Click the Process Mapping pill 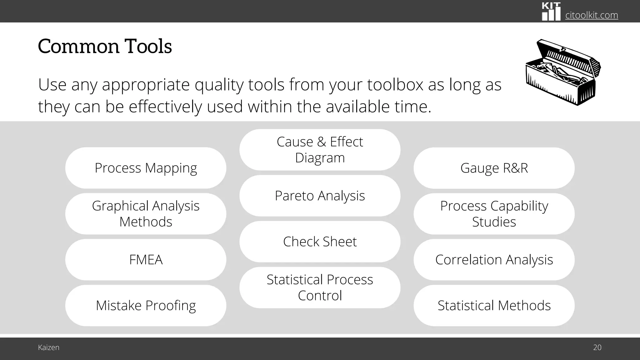click(146, 168)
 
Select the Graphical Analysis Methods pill click(146, 214)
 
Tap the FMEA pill click(146, 260)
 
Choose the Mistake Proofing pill click(146, 306)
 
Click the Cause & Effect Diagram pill click(320, 150)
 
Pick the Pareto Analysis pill click(320, 196)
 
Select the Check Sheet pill click(320, 242)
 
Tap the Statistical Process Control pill click(320, 287)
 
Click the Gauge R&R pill click(494, 168)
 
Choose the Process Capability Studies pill click(494, 214)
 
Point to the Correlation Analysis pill click(494, 260)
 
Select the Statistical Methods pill click(494, 306)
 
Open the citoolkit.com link click(592, 15)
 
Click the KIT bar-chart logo click(551, 12)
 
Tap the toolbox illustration click(563, 72)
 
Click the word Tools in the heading click(148, 47)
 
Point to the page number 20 click(597, 347)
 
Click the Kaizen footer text click(49, 347)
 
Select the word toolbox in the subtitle click(395, 85)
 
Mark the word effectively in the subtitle click(165, 107)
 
